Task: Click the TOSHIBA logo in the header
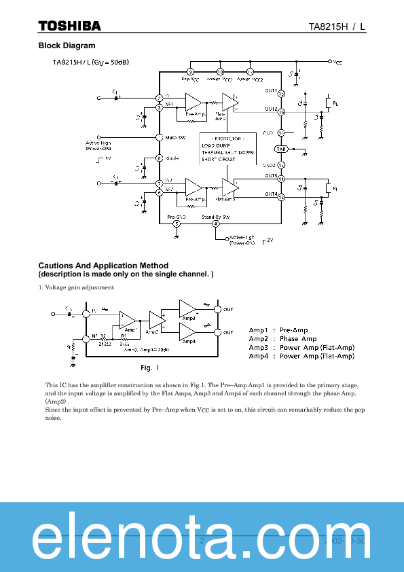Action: coord(69,26)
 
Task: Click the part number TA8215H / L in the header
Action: coord(337,26)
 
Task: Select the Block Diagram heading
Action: coord(67,46)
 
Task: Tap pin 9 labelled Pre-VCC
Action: coord(190,71)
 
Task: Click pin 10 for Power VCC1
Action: coord(220,71)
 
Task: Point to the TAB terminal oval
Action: coord(281,149)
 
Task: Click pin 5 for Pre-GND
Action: coord(177,224)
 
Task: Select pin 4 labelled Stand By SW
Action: coord(216,224)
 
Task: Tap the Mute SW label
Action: coord(176,137)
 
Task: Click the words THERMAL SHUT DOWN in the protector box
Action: coord(227,153)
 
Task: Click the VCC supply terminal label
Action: coord(337,62)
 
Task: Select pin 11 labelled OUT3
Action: coord(281,179)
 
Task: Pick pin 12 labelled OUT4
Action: coord(281,197)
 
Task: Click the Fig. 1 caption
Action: coord(149,368)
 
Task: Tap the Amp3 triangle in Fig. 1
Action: coord(187,309)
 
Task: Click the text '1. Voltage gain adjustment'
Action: coord(76,287)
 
